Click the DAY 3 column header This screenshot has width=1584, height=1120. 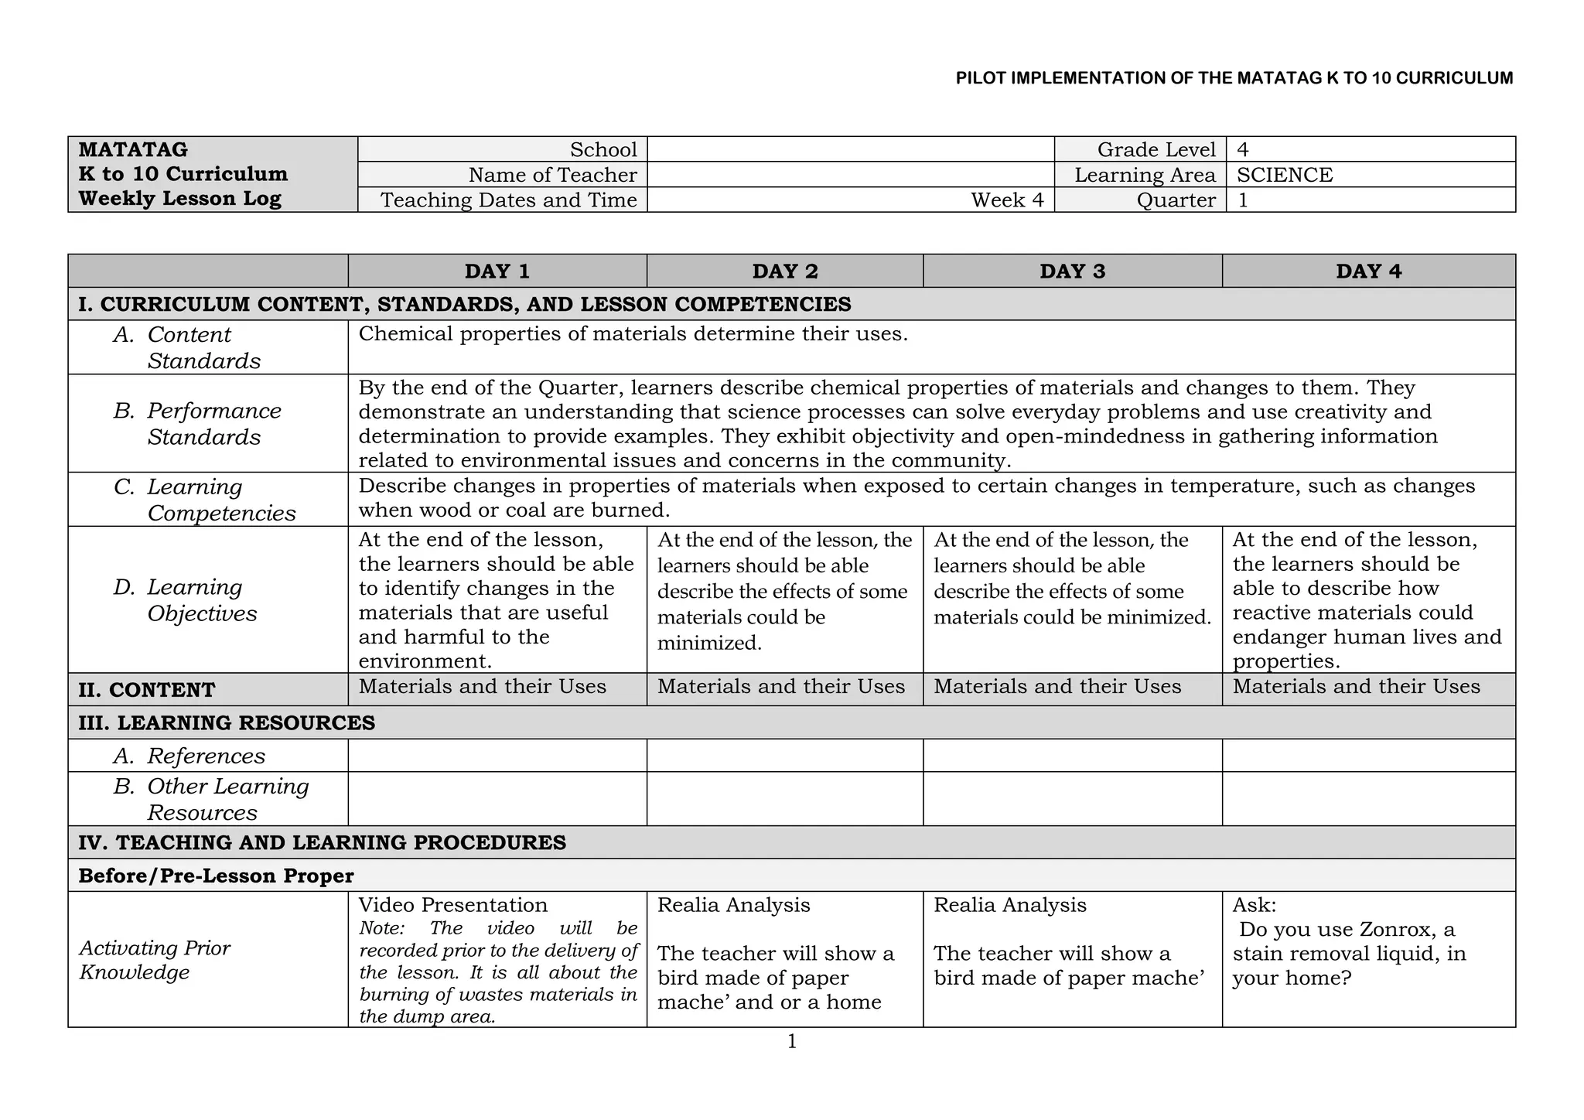click(1072, 271)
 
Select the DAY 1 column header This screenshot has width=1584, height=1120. click(497, 271)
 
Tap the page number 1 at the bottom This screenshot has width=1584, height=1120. click(791, 1042)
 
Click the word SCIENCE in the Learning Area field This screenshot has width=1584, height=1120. click(1285, 175)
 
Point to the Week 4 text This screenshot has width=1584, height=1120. click(1007, 200)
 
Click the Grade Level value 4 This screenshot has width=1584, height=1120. click(1243, 150)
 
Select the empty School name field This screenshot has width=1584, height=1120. click(850, 149)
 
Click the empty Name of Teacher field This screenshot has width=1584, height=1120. click(850, 175)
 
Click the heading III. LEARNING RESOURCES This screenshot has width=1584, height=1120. click(227, 723)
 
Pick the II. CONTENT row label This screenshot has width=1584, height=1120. click(147, 690)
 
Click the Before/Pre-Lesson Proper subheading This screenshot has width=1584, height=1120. click(216, 876)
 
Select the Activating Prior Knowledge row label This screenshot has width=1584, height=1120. click(154, 960)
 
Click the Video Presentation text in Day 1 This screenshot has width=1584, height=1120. click(452, 905)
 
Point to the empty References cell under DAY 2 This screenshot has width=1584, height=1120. click(784, 756)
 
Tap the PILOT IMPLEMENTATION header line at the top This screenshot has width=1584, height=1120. click(1234, 78)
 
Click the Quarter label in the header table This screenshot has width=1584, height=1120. click(1176, 200)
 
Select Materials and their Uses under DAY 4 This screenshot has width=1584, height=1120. click(1356, 687)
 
